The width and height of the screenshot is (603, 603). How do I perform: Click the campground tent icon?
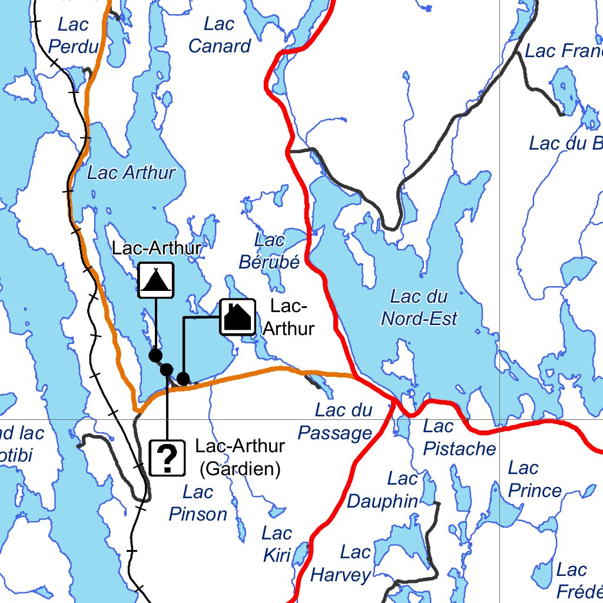(x=156, y=280)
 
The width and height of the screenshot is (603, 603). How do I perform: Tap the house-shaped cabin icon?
(x=237, y=317)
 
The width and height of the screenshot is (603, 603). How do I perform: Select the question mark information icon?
(x=167, y=458)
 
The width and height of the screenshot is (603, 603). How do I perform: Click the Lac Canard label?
(x=220, y=35)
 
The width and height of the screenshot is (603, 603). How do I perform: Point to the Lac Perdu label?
(x=74, y=35)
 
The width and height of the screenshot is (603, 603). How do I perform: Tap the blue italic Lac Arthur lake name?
(x=131, y=173)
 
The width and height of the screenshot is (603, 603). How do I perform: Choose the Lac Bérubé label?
(x=270, y=251)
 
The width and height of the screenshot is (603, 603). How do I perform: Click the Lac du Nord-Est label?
(x=419, y=307)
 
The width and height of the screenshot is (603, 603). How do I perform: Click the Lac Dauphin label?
(x=383, y=490)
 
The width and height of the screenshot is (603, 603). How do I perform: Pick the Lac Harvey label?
(x=341, y=564)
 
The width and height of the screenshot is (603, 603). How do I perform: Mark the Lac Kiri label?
(x=277, y=544)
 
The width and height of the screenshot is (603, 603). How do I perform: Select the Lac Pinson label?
(x=198, y=503)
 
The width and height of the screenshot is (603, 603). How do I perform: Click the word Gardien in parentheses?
(x=240, y=469)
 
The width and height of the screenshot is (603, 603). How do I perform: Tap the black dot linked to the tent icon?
(x=155, y=355)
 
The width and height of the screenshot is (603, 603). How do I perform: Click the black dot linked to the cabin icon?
(x=183, y=378)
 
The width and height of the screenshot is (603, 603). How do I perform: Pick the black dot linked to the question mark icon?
(x=167, y=369)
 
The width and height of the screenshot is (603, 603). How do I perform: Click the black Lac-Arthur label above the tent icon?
(x=157, y=248)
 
